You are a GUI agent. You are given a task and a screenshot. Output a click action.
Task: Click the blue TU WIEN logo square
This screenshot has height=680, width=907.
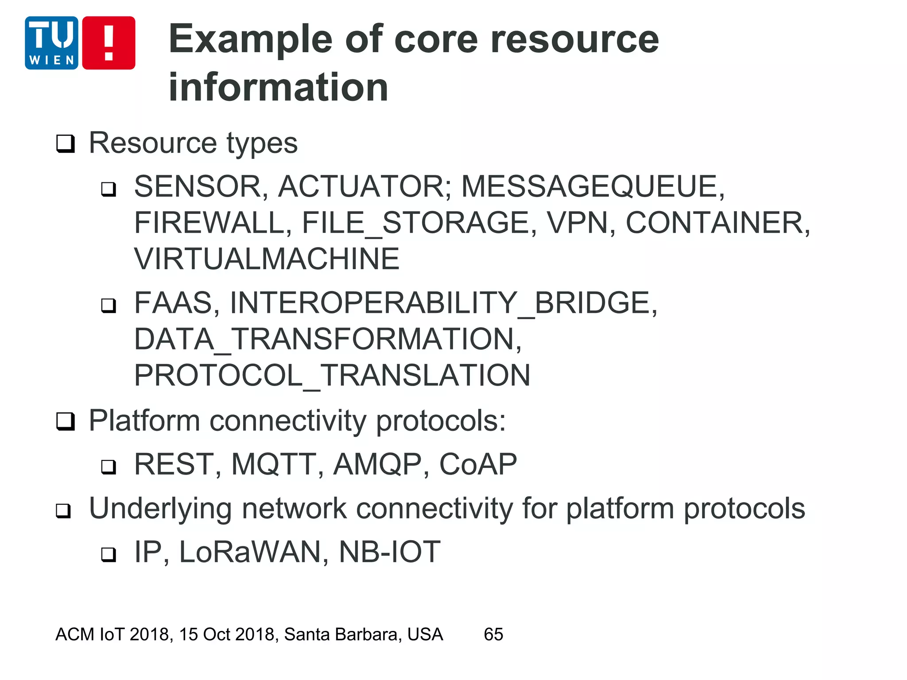[x=51, y=43]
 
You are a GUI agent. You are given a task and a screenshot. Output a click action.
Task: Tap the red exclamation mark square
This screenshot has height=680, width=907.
[x=109, y=43]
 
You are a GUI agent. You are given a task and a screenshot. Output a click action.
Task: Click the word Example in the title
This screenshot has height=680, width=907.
[x=250, y=40]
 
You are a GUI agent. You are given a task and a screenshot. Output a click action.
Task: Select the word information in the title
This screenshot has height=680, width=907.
[x=278, y=87]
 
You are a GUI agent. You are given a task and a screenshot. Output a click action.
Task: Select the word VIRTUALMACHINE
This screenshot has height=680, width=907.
[x=267, y=259]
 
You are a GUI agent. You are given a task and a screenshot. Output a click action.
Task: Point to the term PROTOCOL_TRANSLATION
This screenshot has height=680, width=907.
[x=332, y=376]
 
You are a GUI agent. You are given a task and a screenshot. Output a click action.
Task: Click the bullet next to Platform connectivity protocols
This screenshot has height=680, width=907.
[x=66, y=421]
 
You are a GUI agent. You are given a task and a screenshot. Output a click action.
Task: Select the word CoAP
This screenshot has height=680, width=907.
[x=477, y=464]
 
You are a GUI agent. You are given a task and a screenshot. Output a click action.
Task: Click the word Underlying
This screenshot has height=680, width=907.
[x=160, y=509]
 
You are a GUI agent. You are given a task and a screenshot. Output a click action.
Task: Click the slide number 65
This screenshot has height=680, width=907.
[x=493, y=634]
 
